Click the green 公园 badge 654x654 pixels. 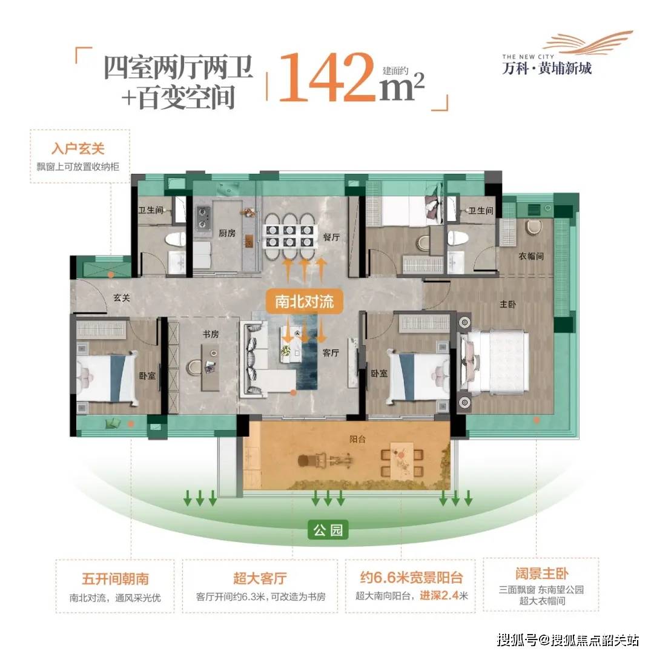328,530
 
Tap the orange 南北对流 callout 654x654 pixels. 304,302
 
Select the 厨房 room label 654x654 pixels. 227,233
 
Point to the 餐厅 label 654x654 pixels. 331,237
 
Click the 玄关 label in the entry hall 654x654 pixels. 122,298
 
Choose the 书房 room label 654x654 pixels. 211,334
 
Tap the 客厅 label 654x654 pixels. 331,353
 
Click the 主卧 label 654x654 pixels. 507,305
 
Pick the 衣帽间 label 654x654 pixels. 531,256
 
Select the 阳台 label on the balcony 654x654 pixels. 357,439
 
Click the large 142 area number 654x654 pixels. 327,78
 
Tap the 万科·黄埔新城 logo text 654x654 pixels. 547,68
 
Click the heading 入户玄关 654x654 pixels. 78,149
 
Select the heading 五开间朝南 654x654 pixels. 115,579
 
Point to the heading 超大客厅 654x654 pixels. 260,578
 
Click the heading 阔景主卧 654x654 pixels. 542,573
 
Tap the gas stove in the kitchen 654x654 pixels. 203,218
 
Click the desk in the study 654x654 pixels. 211,368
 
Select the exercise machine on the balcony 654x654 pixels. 325,461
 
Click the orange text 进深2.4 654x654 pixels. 439,596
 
